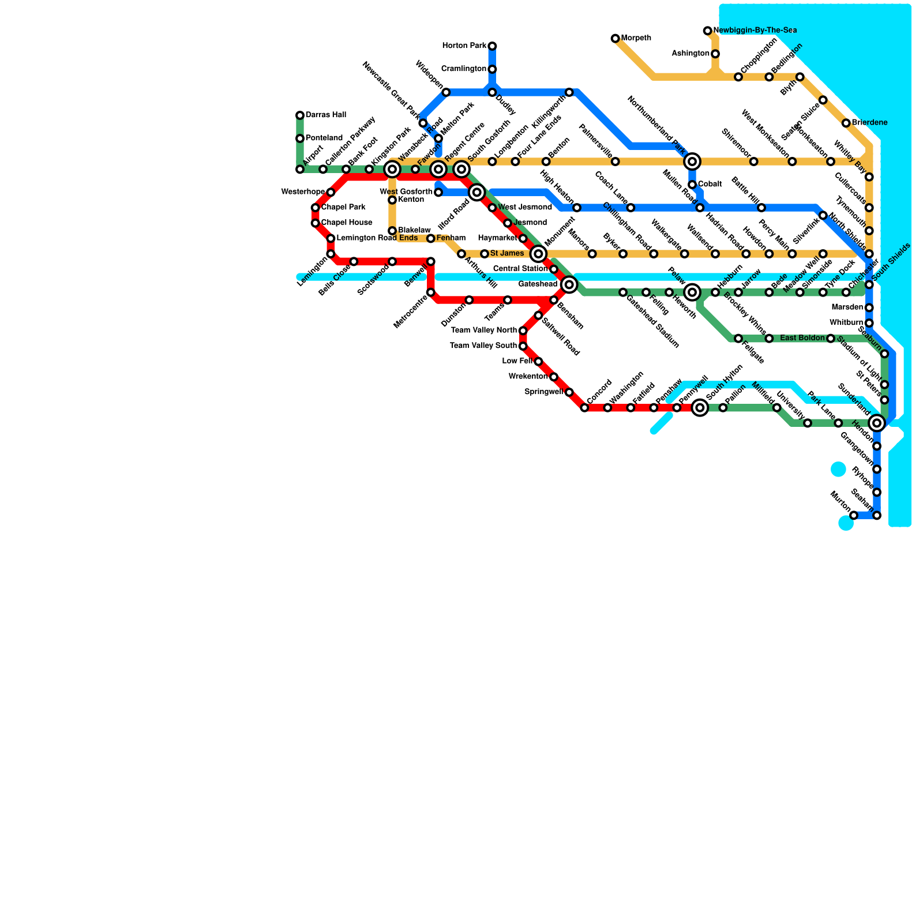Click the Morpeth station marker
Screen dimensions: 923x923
tap(615, 39)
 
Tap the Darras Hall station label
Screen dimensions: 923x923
tap(325, 115)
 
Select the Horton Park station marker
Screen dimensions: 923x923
tap(492, 46)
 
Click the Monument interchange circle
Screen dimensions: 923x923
tap(538, 254)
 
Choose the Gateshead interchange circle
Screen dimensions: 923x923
tap(569, 284)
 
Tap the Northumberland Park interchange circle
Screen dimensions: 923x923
tap(692, 162)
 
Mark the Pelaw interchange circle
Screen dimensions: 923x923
tap(692, 292)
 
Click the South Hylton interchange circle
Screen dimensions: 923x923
tap(700, 408)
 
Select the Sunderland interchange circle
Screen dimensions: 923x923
tap(877, 423)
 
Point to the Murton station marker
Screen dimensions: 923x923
tap(854, 515)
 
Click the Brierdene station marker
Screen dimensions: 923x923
tap(846, 123)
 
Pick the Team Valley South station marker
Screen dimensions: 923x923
tap(523, 346)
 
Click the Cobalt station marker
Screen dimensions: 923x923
tap(692, 185)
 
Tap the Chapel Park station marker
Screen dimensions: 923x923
tap(316, 208)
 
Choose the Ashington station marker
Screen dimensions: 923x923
tap(715, 54)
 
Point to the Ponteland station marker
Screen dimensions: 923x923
tap(300, 138)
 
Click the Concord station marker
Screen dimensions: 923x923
tap(584, 408)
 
